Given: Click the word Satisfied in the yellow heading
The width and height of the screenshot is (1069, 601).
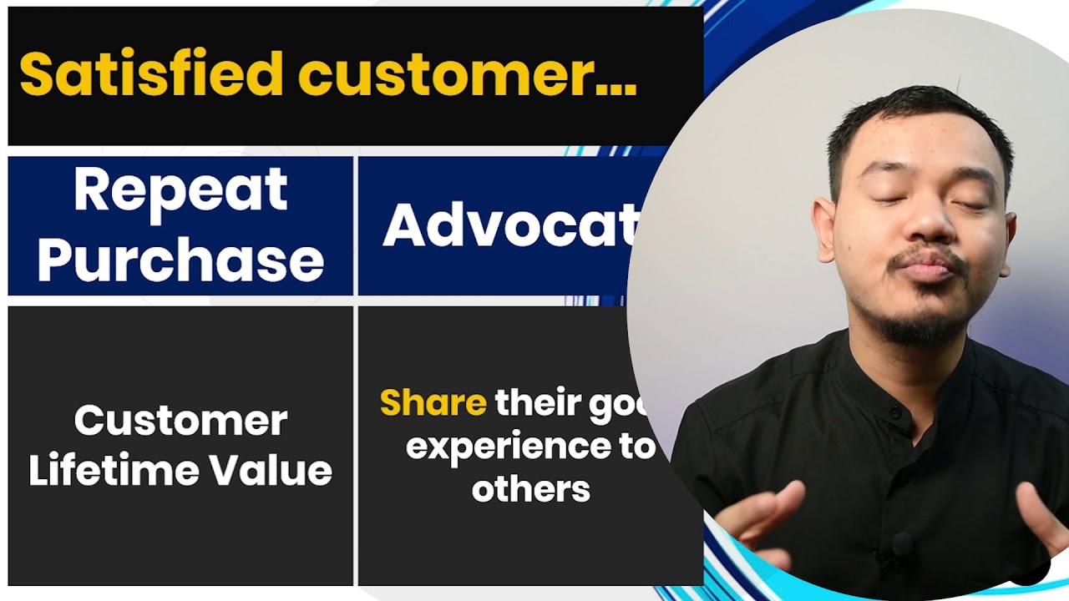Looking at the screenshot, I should (x=152, y=73).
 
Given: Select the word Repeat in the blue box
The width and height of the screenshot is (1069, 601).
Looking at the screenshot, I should (x=180, y=190).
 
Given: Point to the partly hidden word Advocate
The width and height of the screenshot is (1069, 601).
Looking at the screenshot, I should (x=509, y=225).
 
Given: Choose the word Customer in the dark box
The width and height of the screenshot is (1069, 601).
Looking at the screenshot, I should (x=180, y=420).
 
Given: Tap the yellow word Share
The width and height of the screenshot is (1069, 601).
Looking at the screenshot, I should (x=433, y=403).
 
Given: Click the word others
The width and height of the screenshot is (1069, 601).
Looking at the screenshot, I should (x=530, y=488).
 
